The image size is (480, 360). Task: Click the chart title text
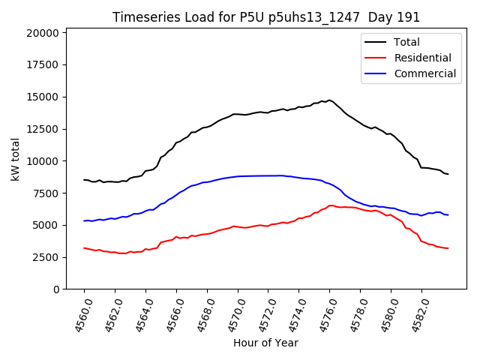pyautogui.click(x=266, y=17)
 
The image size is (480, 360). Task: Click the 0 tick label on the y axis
pyautogui.click(x=56, y=289)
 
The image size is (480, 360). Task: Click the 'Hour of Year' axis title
pyautogui.click(x=265, y=343)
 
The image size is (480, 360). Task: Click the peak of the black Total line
pyautogui.click(x=329, y=100)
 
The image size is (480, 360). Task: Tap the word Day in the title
pyautogui.click(x=388, y=17)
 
